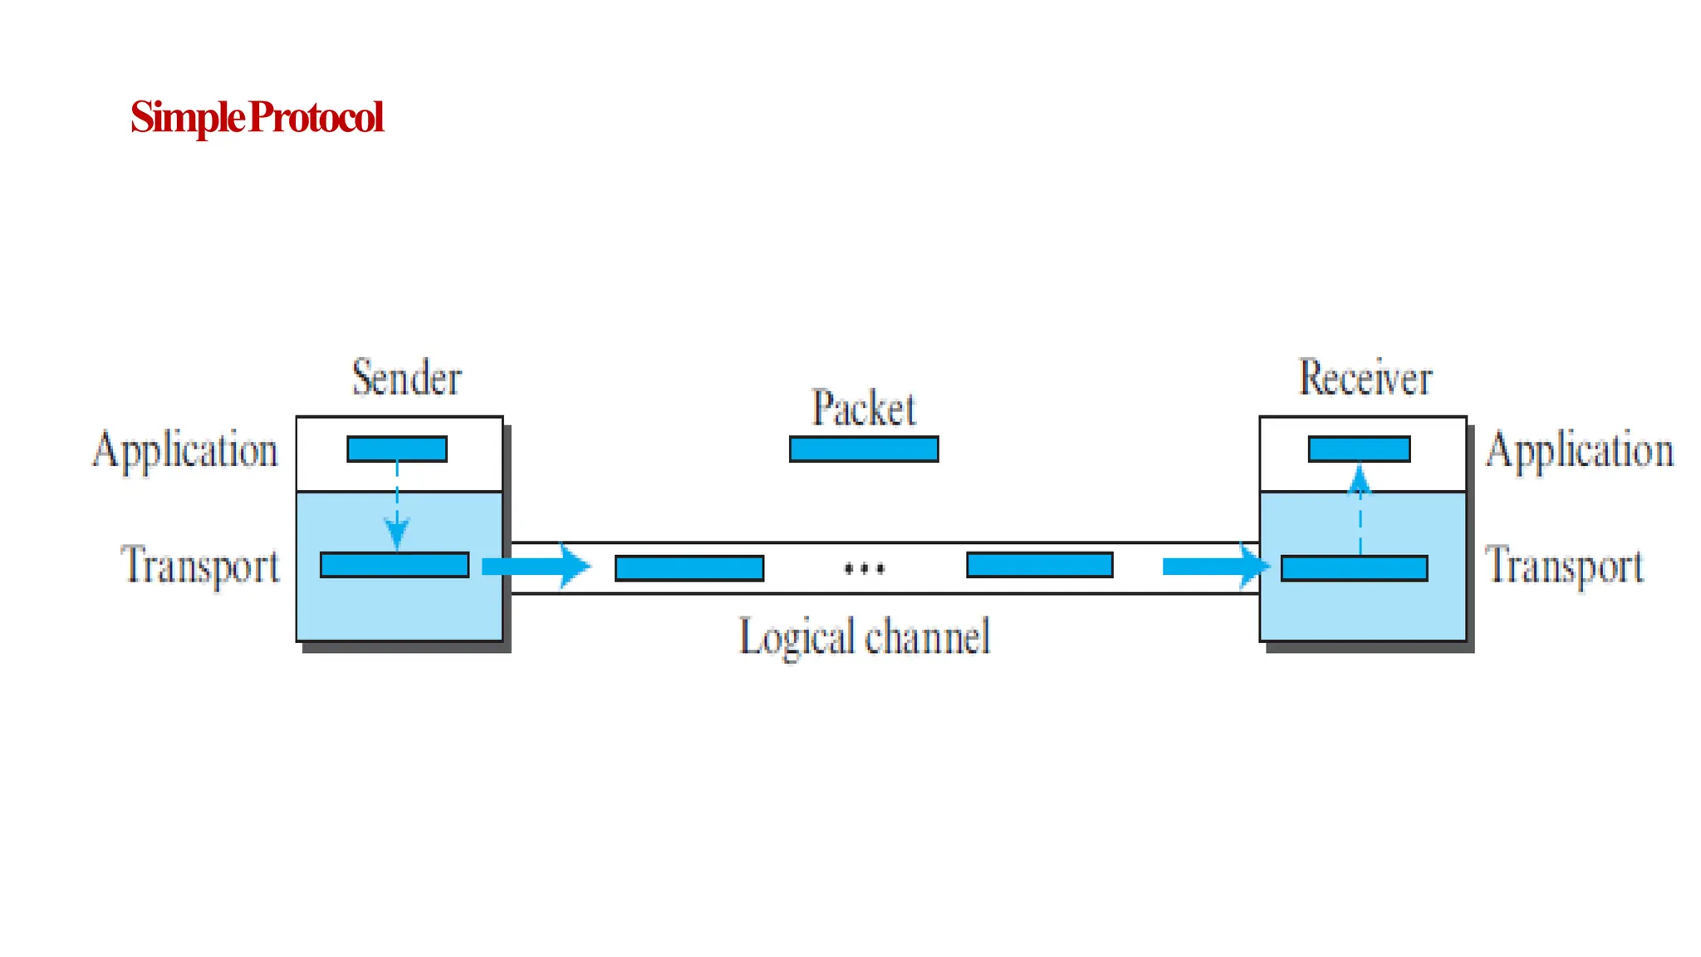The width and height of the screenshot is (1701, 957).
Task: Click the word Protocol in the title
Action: tap(316, 117)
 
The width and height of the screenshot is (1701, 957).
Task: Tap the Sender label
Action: tap(406, 378)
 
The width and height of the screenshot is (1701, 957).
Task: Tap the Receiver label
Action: tap(1365, 378)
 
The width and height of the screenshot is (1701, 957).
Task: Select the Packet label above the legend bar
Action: tap(864, 408)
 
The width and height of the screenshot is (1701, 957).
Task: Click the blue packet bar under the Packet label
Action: tap(864, 449)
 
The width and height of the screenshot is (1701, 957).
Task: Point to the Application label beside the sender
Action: tap(185, 450)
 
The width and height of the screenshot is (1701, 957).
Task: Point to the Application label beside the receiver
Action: tap(1579, 450)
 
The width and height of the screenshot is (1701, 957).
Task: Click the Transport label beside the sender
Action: tap(200, 565)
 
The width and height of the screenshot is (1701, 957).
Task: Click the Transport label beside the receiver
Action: tap(1564, 565)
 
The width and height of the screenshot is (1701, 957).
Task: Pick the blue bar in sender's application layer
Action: tap(397, 449)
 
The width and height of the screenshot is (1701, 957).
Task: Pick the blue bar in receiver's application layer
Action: tap(1359, 449)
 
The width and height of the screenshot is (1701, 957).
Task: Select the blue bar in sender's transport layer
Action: tap(395, 565)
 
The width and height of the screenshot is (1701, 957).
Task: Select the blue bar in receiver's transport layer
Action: tap(1354, 568)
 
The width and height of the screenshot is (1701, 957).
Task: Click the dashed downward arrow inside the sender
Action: tap(397, 507)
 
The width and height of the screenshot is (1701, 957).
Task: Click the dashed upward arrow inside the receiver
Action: tap(1360, 511)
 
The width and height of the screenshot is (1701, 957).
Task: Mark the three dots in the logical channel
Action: tap(864, 569)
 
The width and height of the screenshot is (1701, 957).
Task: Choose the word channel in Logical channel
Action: tap(928, 637)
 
